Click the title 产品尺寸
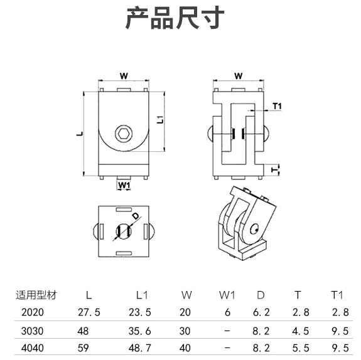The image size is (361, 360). click(x=175, y=18)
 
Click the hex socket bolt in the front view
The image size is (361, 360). click(x=124, y=133)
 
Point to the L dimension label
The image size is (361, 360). click(x=80, y=134)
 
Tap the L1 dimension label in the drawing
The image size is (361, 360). click(x=161, y=120)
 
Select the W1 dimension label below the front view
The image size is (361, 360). click(x=124, y=185)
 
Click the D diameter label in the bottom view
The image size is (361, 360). click(x=136, y=216)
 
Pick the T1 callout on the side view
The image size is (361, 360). click(x=277, y=106)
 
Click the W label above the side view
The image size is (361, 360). click(x=239, y=76)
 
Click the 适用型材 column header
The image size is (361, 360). click(x=36, y=295)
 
